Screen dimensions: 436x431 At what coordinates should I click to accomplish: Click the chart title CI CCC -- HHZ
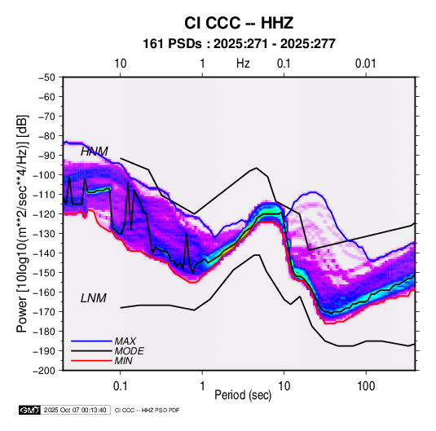pos(239,23)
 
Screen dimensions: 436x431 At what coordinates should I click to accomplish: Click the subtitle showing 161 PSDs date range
pos(239,44)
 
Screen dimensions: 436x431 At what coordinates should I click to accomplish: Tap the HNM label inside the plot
pos(95,152)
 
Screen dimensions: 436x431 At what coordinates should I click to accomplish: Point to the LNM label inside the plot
pos(94,298)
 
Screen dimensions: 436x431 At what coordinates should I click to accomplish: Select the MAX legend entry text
pos(126,341)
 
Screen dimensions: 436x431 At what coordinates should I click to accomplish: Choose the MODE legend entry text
pos(129,351)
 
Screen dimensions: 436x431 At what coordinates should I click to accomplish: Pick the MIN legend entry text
pos(123,361)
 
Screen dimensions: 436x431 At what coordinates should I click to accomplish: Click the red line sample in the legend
pos(91,361)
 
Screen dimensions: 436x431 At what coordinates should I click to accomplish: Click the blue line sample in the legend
pos(91,341)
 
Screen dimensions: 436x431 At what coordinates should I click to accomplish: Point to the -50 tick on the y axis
pos(46,77)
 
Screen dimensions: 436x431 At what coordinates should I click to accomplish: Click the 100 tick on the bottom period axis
pos(366,386)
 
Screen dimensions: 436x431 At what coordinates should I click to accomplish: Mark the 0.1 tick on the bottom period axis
pos(120,386)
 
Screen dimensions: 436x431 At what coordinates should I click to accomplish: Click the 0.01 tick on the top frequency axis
pos(365,64)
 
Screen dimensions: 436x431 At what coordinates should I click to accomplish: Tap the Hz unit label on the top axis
pos(243,64)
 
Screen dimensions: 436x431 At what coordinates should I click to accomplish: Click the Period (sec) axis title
pos(243,395)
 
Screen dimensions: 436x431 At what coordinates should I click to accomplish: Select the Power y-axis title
pos(22,223)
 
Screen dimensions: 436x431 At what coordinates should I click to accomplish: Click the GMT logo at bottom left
pos(30,410)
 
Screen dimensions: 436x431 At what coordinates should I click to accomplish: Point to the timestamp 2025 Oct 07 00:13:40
pos(75,410)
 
